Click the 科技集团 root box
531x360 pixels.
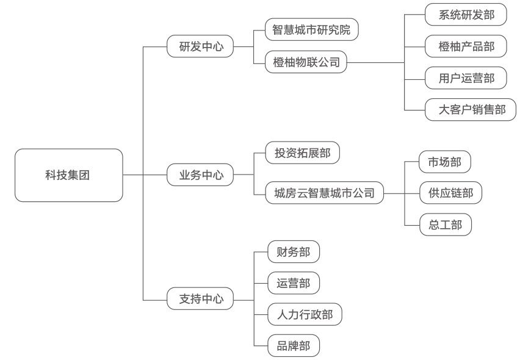(x=68, y=175)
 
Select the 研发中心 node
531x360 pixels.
(x=200, y=46)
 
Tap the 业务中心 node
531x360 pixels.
(x=200, y=175)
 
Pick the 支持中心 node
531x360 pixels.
(x=200, y=299)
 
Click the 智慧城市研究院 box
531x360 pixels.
(x=312, y=30)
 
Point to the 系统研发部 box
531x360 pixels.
(x=466, y=15)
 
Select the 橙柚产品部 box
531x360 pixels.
(x=466, y=46)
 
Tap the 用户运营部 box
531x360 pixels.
(x=466, y=78)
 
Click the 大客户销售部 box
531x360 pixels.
(x=471, y=110)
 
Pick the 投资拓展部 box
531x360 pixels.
(x=303, y=153)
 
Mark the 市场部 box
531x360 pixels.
(x=445, y=162)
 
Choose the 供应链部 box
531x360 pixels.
(x=450, y=193)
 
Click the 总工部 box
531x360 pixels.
(x=445, y=225)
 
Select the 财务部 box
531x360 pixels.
(x=294, y=251)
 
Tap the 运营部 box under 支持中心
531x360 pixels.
(x=294, y=283)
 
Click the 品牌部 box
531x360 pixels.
(x=294, y=347)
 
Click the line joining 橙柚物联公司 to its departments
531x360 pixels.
(x=375, y=62)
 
